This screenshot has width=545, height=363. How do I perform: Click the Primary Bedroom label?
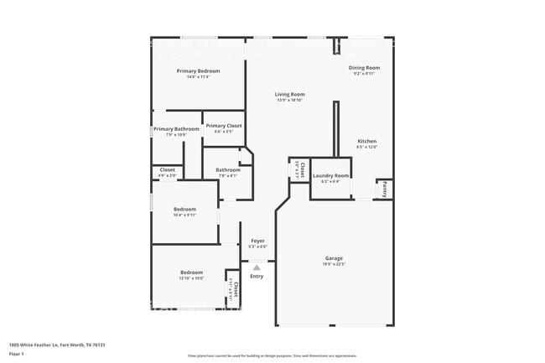(x=198, y=71)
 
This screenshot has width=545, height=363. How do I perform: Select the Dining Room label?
(x=364, y=67)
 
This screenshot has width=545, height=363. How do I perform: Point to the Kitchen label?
(x=366, y=141)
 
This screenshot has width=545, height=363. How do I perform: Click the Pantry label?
(x=383, y=189)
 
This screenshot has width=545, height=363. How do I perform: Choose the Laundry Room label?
(x=330, y=175)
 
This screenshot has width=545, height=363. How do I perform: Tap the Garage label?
(x=334, y=257)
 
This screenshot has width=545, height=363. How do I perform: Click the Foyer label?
(x=257, y=241)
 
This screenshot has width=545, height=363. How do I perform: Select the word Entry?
(x=257, y=276)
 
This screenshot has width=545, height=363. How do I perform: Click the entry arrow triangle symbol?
(x=257, y=267)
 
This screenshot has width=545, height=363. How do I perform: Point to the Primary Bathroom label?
(x=176, y=129)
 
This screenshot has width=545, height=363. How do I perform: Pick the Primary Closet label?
(x=224, y=126)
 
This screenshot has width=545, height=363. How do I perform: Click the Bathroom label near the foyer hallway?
(x=228, y=169)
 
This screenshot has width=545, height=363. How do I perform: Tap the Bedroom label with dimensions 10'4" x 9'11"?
(x=184, y=209)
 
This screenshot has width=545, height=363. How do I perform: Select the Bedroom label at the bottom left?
(x=191, y=272)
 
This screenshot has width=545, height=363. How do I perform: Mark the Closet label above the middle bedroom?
(x=168, y=169)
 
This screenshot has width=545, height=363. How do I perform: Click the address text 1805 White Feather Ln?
(x=57, y=345)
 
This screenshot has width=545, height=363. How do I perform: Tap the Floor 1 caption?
(x=17, y=354)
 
